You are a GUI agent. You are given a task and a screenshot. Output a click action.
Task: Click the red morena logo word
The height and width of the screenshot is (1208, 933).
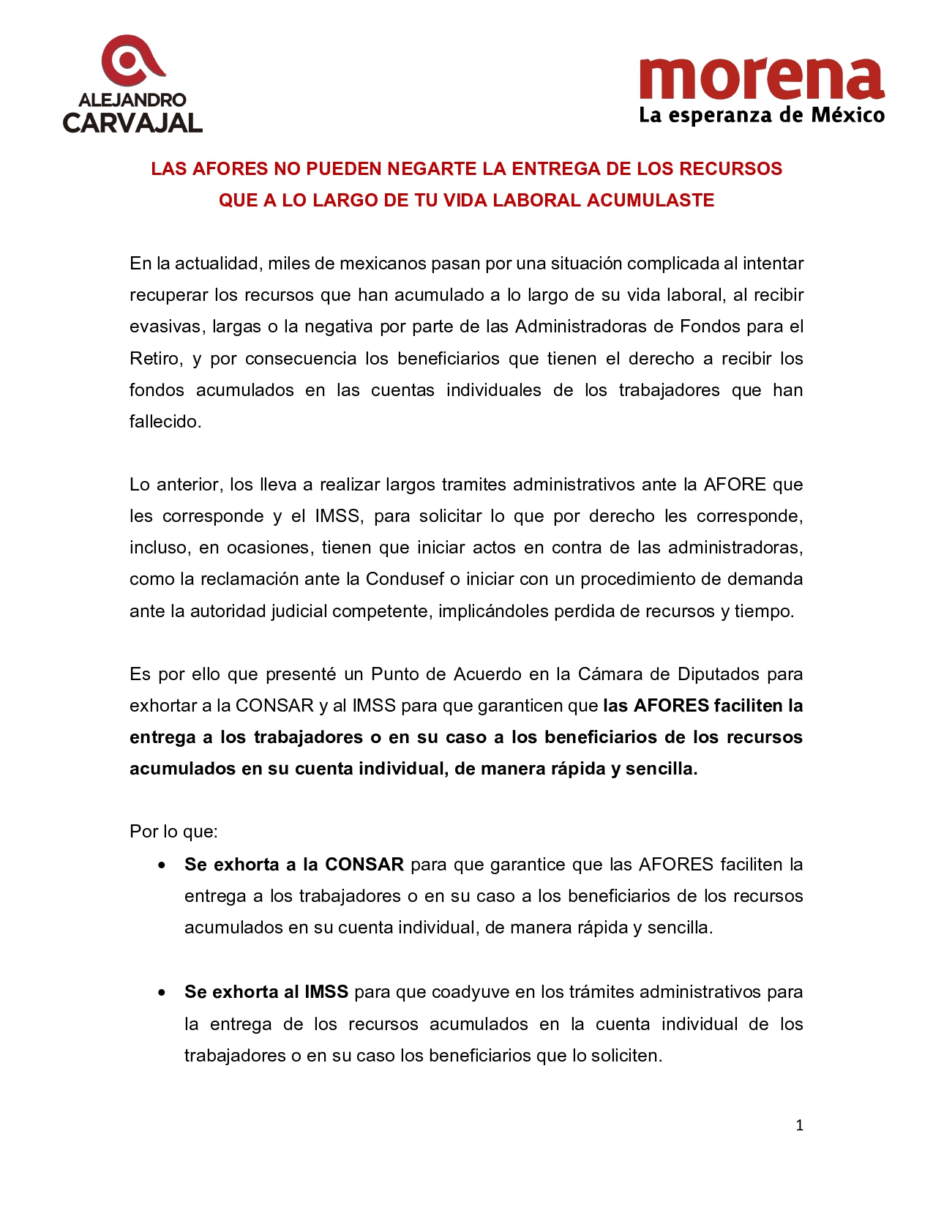(x=761, y=78)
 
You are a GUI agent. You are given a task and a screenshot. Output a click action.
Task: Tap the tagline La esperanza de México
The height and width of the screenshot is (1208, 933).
(x=761, y=116)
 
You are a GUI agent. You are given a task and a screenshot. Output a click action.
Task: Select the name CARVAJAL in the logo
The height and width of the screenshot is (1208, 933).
(x=132, y=123)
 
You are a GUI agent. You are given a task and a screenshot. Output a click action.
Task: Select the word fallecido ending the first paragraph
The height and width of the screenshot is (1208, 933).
(x=164, y=422)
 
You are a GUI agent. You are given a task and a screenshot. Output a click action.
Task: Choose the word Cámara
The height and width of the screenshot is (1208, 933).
(x=607, y=674)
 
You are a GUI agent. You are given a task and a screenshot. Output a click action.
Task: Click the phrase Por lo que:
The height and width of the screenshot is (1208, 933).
(x=173, y=832)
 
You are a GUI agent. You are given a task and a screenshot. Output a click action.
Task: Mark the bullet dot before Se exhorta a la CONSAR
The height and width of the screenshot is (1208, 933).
(x=162, y=865)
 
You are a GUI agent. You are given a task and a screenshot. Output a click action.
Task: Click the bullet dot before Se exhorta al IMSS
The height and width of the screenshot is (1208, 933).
(x=162, y=993)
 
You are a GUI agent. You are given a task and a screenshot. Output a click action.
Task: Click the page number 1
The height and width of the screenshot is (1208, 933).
(x=799, y=1125)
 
